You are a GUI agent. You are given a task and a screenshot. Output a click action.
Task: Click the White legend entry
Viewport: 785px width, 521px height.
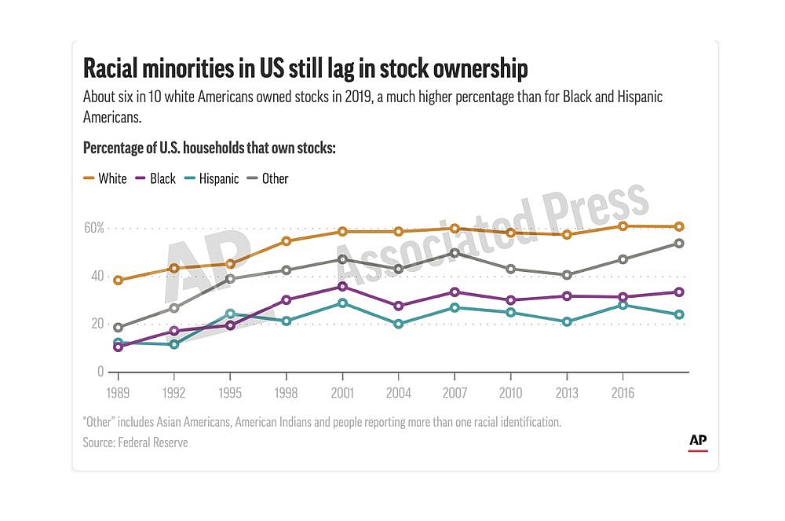click(105, 178)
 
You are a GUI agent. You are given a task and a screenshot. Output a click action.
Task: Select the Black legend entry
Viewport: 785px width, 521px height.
click(155, 178)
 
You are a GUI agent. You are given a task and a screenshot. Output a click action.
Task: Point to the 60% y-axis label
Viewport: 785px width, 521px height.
click(94, 228)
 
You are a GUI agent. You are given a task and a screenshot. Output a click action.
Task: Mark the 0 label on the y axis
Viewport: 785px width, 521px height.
click(100, 371)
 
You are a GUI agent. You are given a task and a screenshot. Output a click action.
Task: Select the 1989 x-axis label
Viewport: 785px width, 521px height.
click(119, 391)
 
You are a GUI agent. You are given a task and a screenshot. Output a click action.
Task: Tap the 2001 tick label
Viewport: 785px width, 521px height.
click(342, 391)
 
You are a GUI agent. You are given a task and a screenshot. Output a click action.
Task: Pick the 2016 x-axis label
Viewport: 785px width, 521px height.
click(623, 391)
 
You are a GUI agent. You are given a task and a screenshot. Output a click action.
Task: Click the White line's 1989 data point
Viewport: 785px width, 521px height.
click(119, 280)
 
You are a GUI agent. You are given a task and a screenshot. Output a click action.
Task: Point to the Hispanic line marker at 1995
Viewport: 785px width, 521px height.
click(230, 314)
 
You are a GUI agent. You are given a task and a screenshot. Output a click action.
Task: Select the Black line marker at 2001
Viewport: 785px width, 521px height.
click(342, 286)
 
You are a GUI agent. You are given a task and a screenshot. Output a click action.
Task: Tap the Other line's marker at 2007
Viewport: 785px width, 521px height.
click(455, 252)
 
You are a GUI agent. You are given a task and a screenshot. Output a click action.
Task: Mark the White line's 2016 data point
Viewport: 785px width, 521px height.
click(623, 226)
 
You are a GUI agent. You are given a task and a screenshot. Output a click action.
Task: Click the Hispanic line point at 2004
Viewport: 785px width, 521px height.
click(398, 323)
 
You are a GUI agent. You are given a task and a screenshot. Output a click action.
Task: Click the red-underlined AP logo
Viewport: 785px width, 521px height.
click(698, 442)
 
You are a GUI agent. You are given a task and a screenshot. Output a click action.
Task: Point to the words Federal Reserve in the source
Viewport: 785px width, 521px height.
click(153, 442)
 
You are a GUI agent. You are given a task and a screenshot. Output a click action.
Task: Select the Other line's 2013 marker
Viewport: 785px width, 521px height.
click(566, 275)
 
